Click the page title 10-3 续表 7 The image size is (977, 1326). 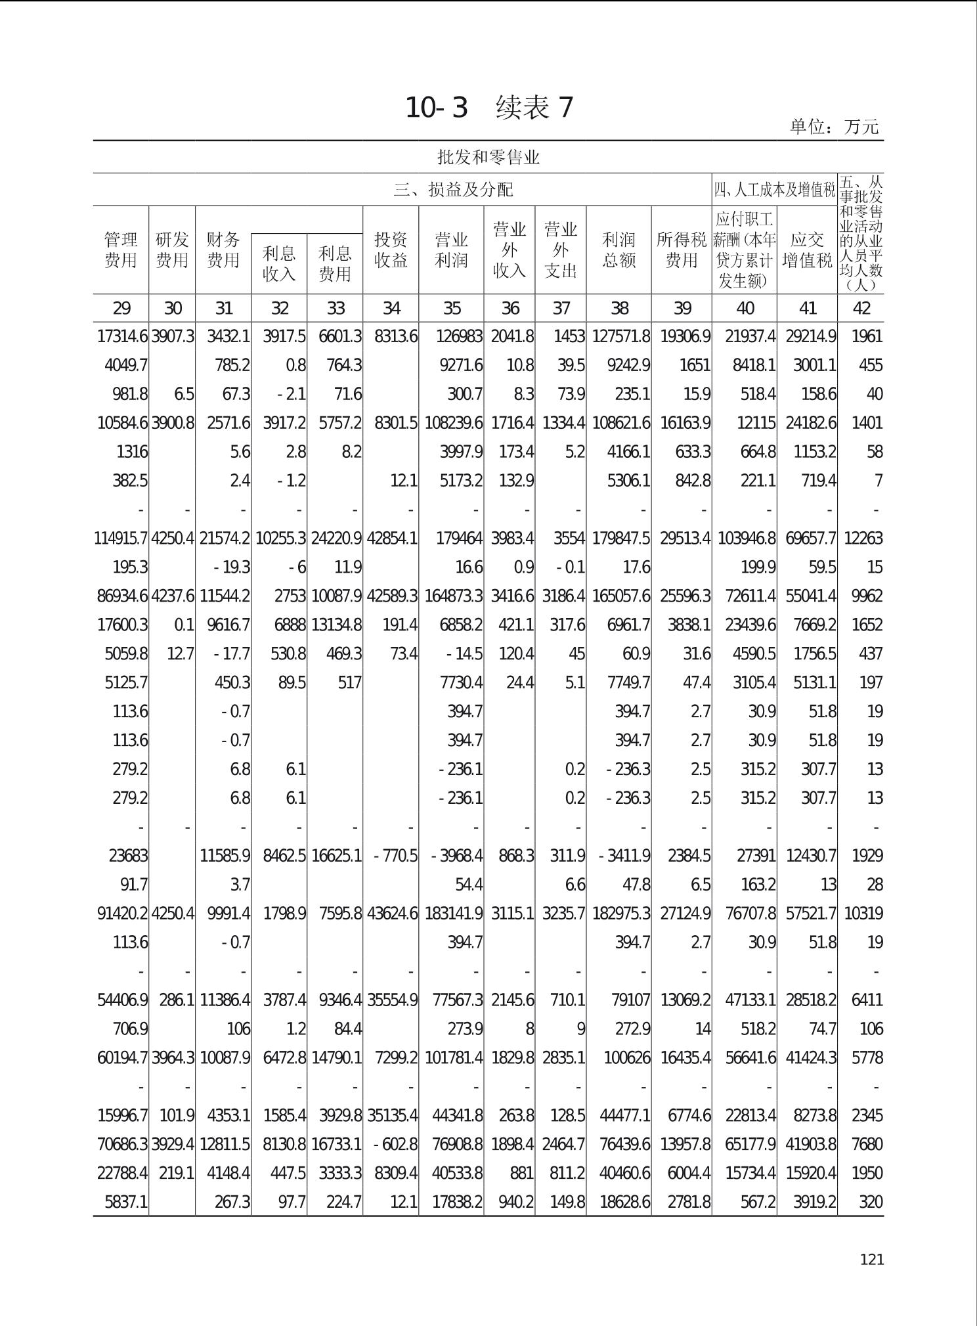point(489,108)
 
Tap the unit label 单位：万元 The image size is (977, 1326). point(834,126)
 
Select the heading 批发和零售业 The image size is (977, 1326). point(488,158)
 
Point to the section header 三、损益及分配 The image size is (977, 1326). point(453,190)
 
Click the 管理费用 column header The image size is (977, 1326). point(121,250)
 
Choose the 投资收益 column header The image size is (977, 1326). point(391,250)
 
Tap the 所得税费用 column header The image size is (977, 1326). point(682,250)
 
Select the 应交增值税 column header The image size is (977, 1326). point(807,250)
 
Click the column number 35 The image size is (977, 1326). point(452,308)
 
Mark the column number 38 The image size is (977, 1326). point(619,308)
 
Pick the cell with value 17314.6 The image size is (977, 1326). point(122,336)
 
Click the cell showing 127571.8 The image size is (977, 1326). point(620,336)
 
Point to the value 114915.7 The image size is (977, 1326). point(122,539)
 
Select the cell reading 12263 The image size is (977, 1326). point(863,539)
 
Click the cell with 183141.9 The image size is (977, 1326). point(454,914)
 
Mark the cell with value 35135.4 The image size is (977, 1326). point(392,1116)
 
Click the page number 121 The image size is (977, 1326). point(872,1259)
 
